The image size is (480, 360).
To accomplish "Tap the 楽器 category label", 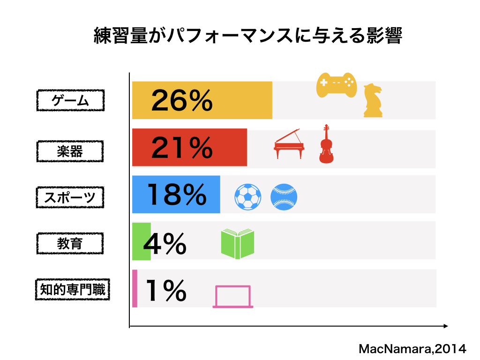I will point(70,151).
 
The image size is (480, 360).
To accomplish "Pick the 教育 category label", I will point(70,243).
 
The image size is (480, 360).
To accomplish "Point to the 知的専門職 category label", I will point(73,290).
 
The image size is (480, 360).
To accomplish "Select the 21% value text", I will point(182,148).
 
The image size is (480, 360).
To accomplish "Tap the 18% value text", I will point(177,195).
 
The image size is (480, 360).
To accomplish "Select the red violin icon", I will point(326,145).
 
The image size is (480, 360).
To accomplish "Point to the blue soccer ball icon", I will point(247,196).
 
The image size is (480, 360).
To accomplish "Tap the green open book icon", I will point(238,244).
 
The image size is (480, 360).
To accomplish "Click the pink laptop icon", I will point(233,297).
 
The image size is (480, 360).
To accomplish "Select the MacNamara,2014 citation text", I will point(412,349).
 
